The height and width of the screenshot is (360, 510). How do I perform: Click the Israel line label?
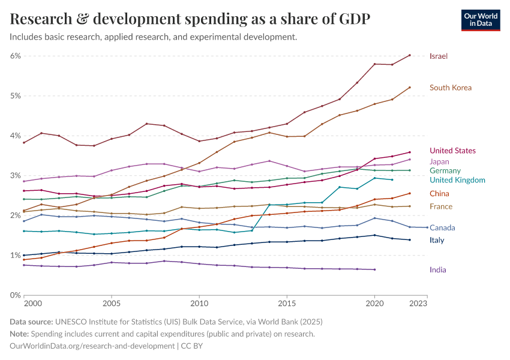click(439, 56)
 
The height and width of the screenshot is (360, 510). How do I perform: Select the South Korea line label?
click(451, 88)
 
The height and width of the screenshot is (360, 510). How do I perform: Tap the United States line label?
click(452, 151)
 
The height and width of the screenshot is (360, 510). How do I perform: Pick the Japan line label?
click(439, 161)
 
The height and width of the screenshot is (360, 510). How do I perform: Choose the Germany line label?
click(445, 171)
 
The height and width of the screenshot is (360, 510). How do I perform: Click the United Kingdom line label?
click(457, 180)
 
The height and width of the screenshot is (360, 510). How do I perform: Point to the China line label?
click(439, 194)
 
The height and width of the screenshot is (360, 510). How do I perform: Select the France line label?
click(441, 207)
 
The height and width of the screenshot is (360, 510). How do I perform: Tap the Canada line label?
click(442, 228)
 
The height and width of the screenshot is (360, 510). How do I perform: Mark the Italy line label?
click(437, 241)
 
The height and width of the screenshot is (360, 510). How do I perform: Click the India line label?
click(438, 270)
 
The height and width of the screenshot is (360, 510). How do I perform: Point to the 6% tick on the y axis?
click(15, 56)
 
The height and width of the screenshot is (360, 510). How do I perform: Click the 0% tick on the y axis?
click(15, 295)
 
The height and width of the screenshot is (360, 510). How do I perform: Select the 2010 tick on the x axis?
click(199, 305)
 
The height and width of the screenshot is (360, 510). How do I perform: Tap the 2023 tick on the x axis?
click(418, 305)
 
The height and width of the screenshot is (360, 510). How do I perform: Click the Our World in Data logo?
click(481, 20)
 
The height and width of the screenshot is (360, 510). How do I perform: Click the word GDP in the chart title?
click(350, 19)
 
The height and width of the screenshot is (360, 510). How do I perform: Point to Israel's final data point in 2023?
click(410, 55)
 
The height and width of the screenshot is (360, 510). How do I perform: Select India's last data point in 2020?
click(374, 269)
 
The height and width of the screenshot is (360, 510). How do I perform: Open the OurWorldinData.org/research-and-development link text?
click(92, 346)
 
